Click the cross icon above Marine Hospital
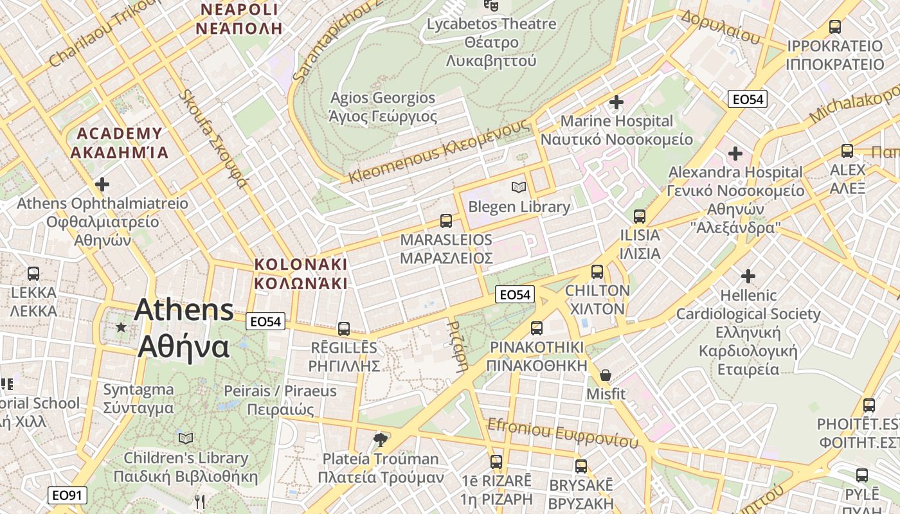pos(616,102)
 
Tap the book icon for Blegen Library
pos(518,187)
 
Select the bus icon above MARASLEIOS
pos(446,221)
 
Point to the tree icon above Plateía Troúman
pos(381,439)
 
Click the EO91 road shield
pos(67,495)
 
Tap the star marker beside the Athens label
pos(121,328)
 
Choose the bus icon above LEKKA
pos(33,274)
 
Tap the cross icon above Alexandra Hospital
pos(735,154)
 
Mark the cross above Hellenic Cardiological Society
pos(748,276)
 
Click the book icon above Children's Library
pos(186,438)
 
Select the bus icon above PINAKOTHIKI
pos(536,328)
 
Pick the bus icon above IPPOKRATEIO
pos(834,27)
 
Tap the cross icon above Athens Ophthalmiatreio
pos(102,184)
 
